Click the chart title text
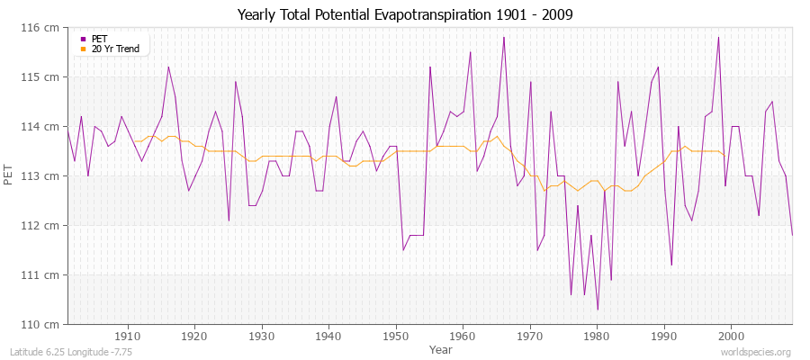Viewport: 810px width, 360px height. pos(404,14)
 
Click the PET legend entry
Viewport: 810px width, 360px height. pos(99,39)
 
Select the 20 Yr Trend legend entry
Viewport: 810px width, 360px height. pos(116,49)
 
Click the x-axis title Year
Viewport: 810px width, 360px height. pos(441,348)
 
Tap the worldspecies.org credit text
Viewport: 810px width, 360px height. pos(756,352)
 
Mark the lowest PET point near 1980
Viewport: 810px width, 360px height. pos(598,310)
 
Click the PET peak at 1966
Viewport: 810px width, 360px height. pos(504,38)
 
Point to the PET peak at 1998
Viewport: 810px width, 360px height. pos(718,38)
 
